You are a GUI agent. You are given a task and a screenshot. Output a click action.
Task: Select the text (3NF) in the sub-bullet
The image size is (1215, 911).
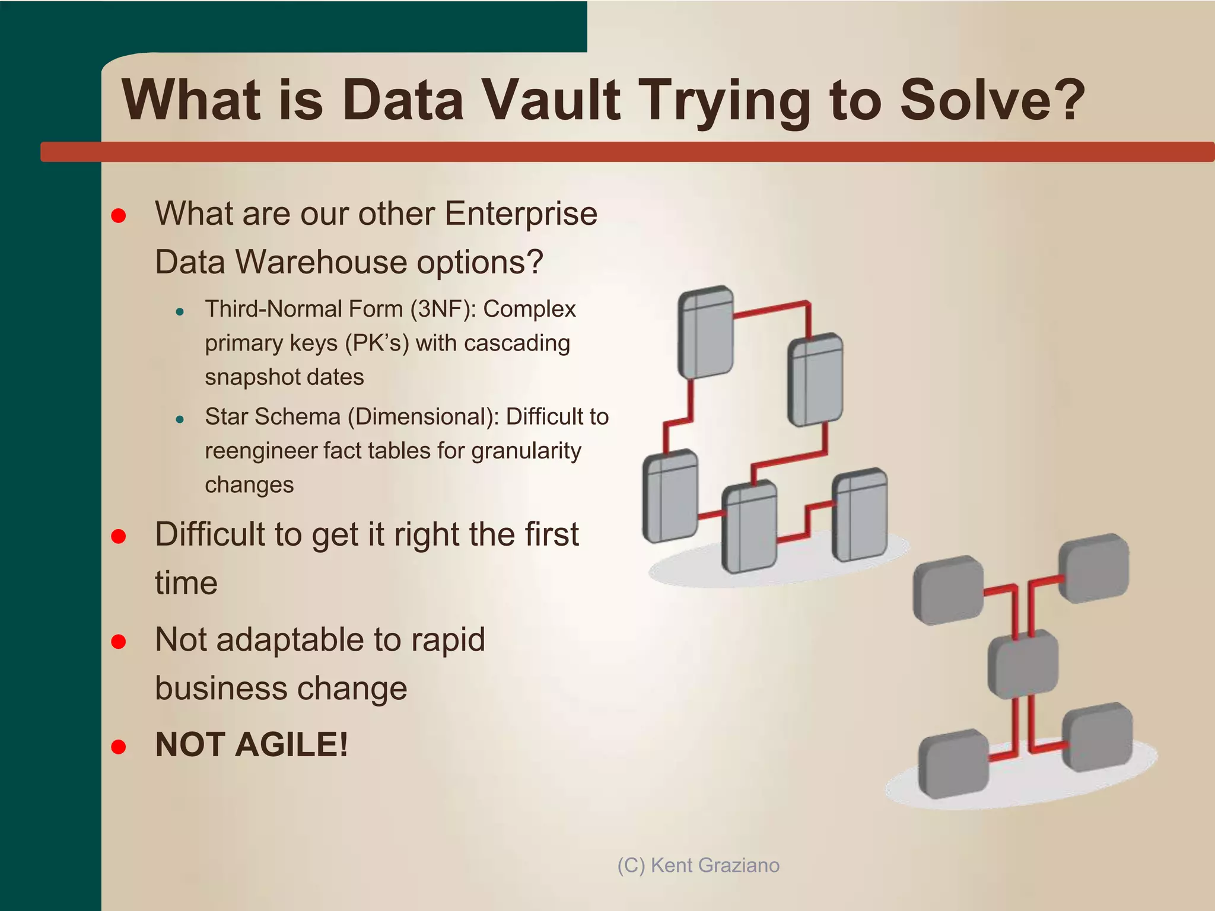pyautogui.click(x=443, y=309)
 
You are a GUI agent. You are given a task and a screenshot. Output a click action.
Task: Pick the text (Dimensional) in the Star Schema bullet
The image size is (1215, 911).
pyautogui.click(x=423, y=417)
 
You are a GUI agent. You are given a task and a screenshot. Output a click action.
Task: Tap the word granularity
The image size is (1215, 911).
pyautogui.click(x=526, y=451)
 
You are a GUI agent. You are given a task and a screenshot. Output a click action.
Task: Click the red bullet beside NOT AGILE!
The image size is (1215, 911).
pyautogui.click(x=119, y=746)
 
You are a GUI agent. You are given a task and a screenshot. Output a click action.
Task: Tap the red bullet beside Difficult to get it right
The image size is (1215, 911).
pyautogui.click(x=119, y=537)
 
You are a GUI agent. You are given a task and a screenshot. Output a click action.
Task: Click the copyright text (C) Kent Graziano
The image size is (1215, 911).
pyautogui.click(x=698, y=865)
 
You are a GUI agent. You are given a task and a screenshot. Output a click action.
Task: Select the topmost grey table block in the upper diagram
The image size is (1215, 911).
pyautogui.click(x=705, y=332)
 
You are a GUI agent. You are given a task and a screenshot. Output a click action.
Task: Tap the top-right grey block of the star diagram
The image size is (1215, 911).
pyautogui.click(x=1094, y=568)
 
